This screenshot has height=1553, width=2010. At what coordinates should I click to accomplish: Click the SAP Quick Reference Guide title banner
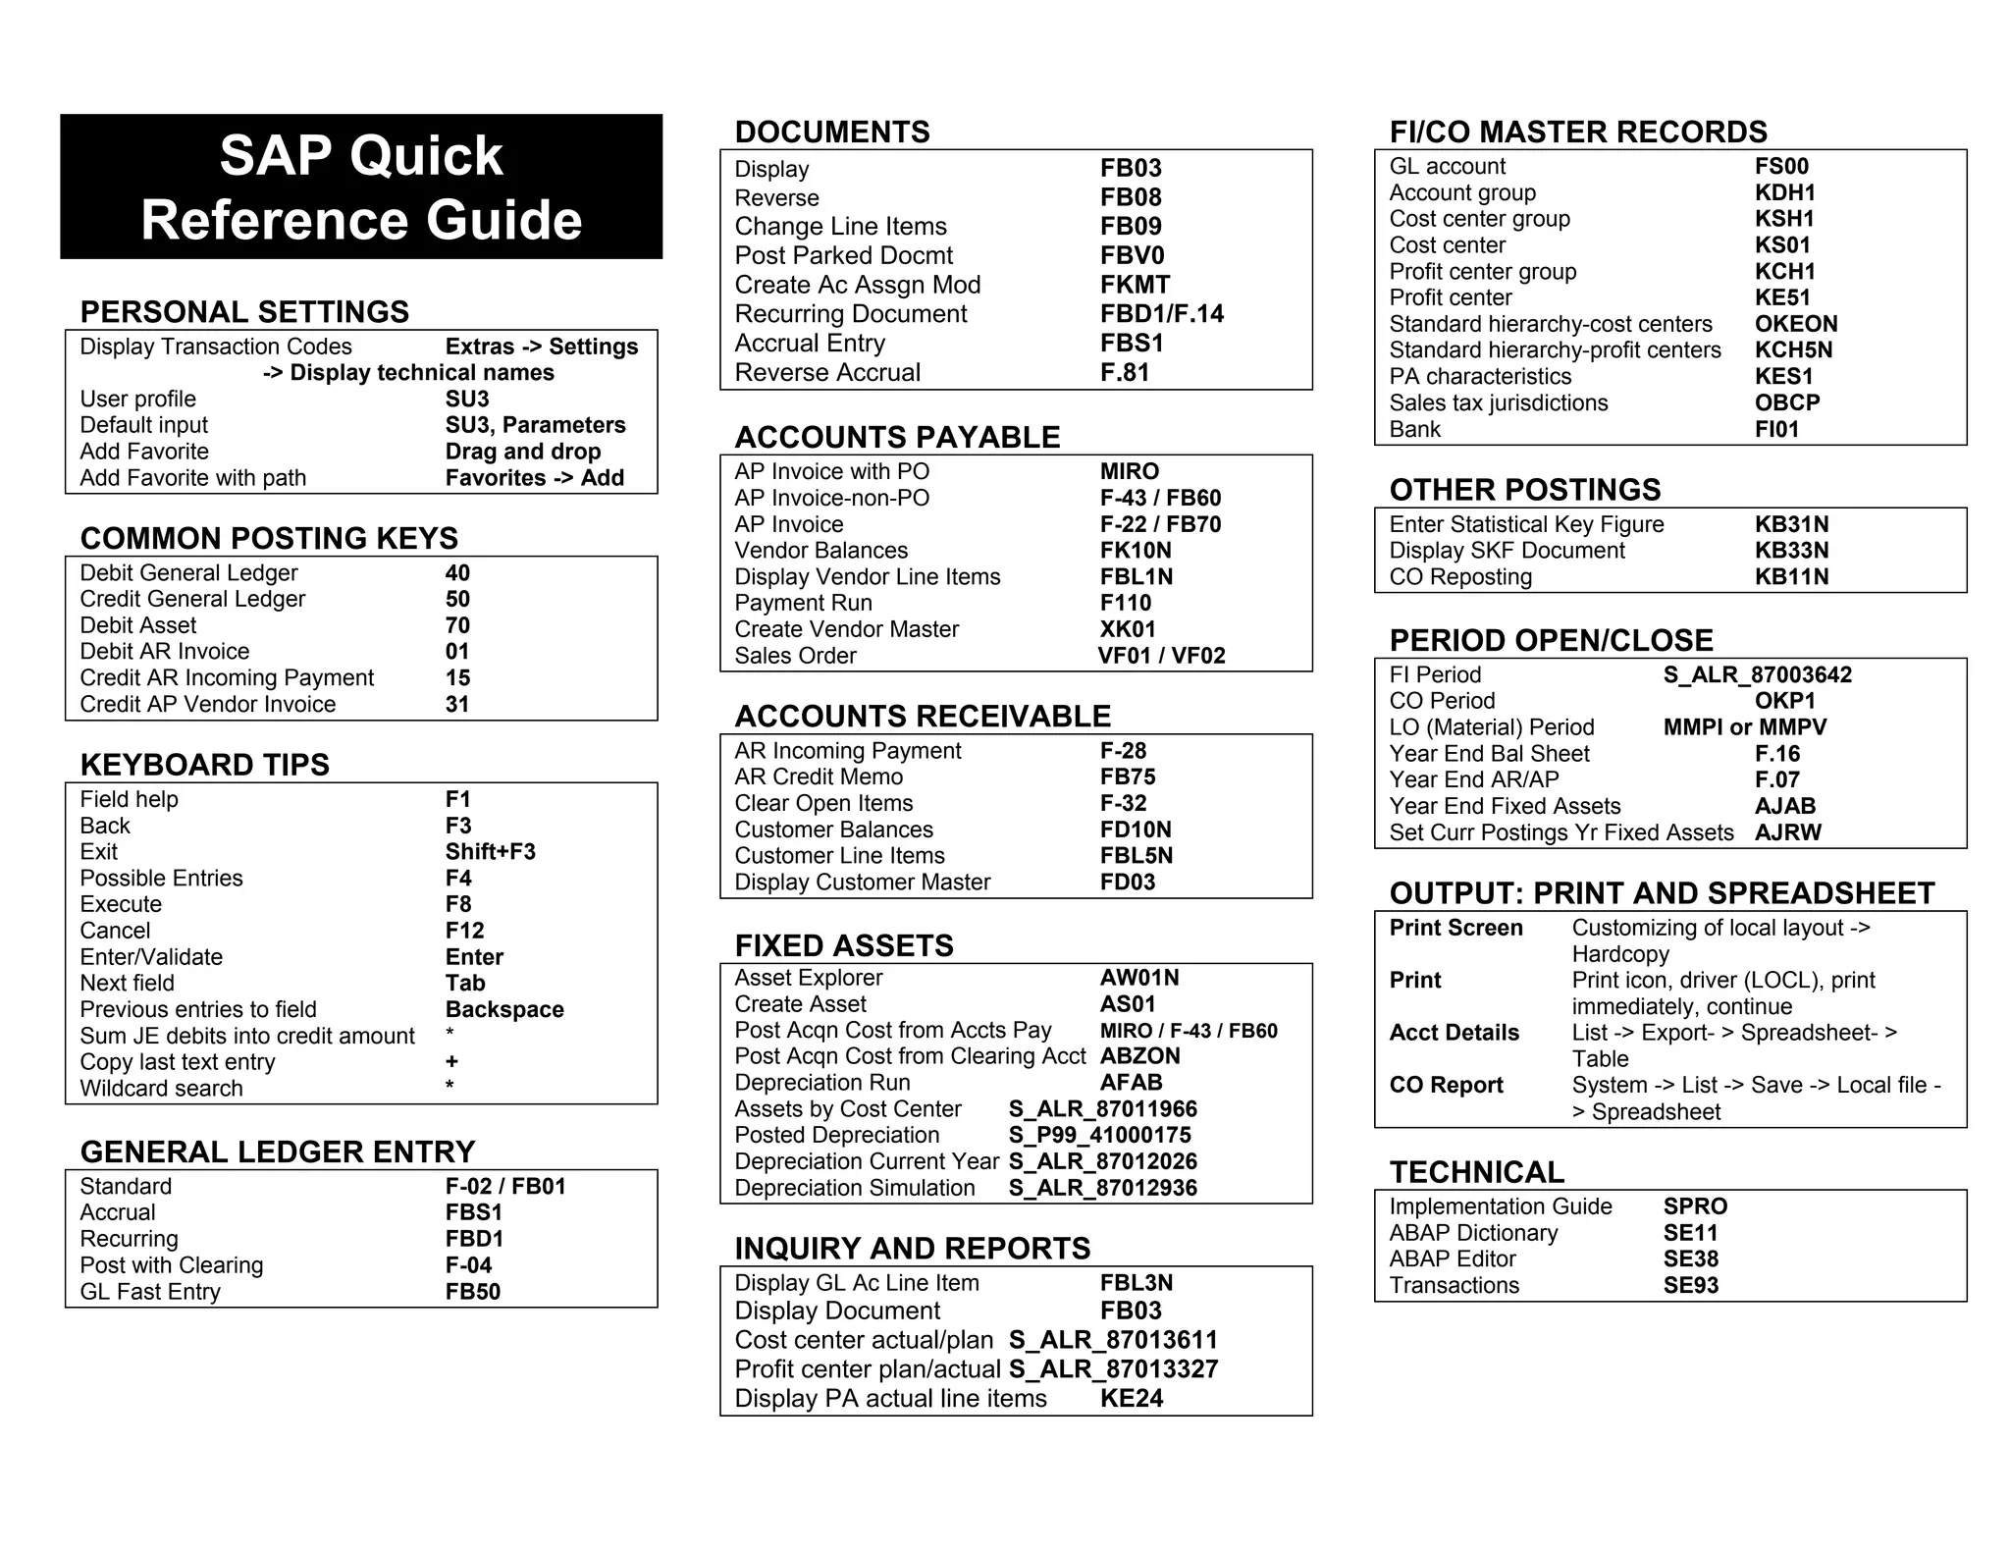coord(361,187)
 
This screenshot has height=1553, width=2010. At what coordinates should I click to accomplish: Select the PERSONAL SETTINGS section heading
coord(244,312)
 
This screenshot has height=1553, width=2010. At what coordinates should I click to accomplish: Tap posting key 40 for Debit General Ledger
coord(457,573)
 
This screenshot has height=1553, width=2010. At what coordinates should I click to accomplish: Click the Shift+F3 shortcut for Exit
coord(490,852)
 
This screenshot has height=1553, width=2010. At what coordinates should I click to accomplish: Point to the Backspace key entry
coord(504,1010)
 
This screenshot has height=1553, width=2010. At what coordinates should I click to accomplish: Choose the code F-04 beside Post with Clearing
coord(468,1265)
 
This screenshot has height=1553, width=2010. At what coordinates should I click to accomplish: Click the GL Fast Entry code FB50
coord(472,1292)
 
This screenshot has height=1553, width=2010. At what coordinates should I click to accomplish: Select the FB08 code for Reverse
coord(1131,197)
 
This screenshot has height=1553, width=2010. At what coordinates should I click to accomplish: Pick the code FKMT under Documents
coord(1135,285)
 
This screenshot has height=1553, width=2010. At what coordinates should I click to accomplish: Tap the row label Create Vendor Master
coord(846,629)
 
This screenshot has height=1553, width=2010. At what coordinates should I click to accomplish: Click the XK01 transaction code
coord(1128,629)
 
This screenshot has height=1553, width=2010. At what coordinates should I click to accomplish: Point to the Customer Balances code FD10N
coord(1136,830)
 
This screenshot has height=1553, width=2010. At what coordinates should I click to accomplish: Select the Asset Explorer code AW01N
coord(1139,978)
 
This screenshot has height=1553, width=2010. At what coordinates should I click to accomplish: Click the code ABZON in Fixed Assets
coord(1139,1056)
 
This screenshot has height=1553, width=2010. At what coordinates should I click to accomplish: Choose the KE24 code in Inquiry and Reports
coord(1131,1399)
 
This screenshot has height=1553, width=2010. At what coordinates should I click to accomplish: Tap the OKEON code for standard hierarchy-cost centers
coord(1796,324)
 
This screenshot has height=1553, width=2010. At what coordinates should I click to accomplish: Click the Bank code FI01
coord(1776,429)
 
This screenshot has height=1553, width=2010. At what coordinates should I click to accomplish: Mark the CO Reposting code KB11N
coord(1791,577)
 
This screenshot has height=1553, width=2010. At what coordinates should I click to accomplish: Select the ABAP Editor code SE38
coord(1690,1259)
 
